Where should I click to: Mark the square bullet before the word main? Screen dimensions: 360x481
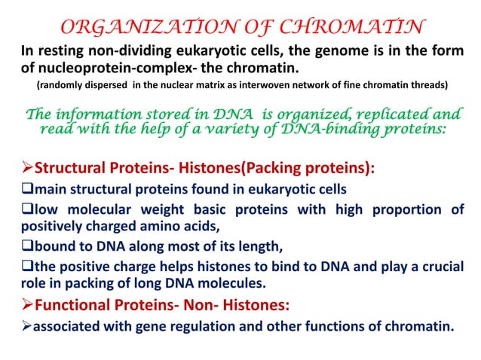[x=26, y=188]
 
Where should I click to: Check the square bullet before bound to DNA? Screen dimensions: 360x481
[x=26, y=246]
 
